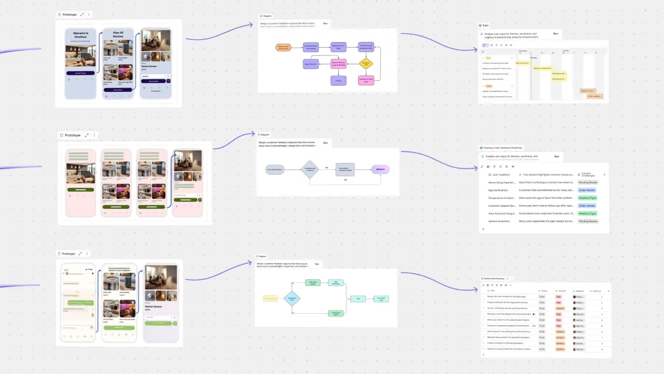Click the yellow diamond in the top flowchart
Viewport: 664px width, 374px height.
[x=366, y=64]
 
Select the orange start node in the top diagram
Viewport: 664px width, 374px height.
[x=283, y=48]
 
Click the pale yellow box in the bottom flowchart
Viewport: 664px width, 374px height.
[x=271, y=299]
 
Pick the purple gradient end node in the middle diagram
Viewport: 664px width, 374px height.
[x=380, y=170]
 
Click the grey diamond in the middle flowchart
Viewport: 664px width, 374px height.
[x=310, y=169]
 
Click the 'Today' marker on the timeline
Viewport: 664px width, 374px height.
[x=534, y=57]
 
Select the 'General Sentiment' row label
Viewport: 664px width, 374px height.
[x=500, y=221]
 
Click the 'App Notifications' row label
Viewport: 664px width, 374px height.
[x=500, y=190]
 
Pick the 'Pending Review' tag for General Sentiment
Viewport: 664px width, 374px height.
[x=588, y=221]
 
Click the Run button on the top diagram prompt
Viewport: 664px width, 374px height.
[x=325, y=24]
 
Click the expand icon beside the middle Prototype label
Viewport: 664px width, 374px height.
[x=86, y=135]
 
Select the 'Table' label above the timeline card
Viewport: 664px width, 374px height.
[x=485, y=25]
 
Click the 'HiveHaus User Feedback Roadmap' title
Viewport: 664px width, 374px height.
[x=502, y=148]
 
